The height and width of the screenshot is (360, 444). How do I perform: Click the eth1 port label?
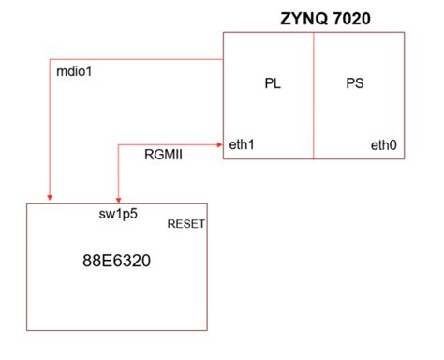click(x=242, y=144)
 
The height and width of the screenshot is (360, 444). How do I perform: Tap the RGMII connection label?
click(x=163, y=157)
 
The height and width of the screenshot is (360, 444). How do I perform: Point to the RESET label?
click(x=186, y=225)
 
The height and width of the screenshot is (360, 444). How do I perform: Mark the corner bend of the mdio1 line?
click(x=50, y=58)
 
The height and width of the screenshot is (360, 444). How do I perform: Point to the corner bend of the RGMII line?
click(x=118, y=144)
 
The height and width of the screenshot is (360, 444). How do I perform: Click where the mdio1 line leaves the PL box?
click(x=222, y=58)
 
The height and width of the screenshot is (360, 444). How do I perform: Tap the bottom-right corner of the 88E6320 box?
click(x=209, y=329)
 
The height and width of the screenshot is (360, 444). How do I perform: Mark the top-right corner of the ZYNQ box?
click(x=405, y=33)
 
